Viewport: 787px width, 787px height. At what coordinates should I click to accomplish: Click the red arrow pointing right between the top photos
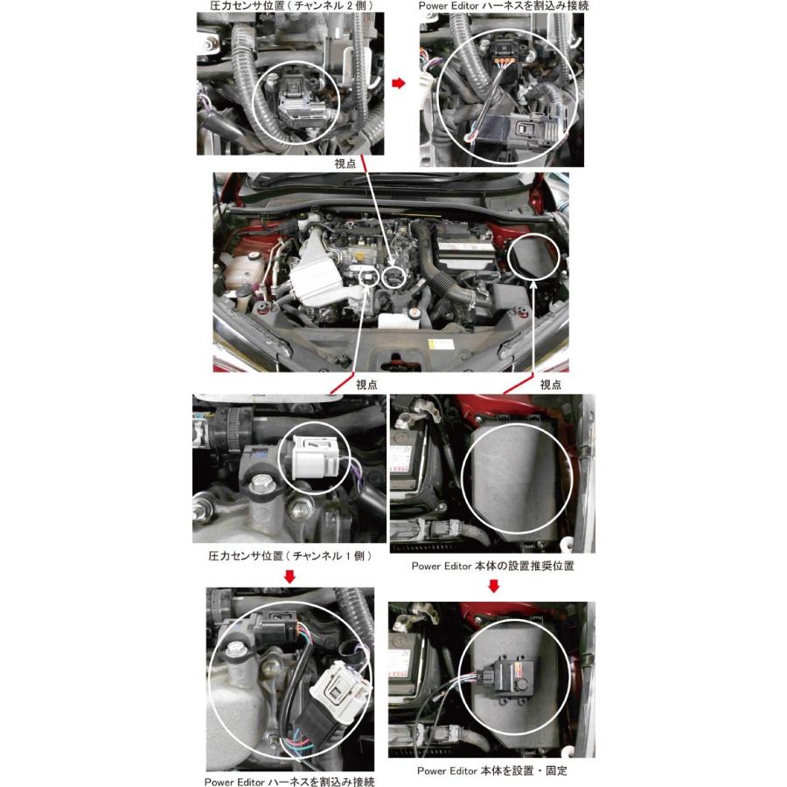(x=398, y=83)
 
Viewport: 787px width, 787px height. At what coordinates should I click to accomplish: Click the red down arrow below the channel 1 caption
(x=290, y=577)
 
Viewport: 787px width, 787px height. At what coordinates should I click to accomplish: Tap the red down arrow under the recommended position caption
(x=493, y=586)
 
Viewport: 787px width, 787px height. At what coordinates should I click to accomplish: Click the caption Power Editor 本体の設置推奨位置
(x=493, y=566)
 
